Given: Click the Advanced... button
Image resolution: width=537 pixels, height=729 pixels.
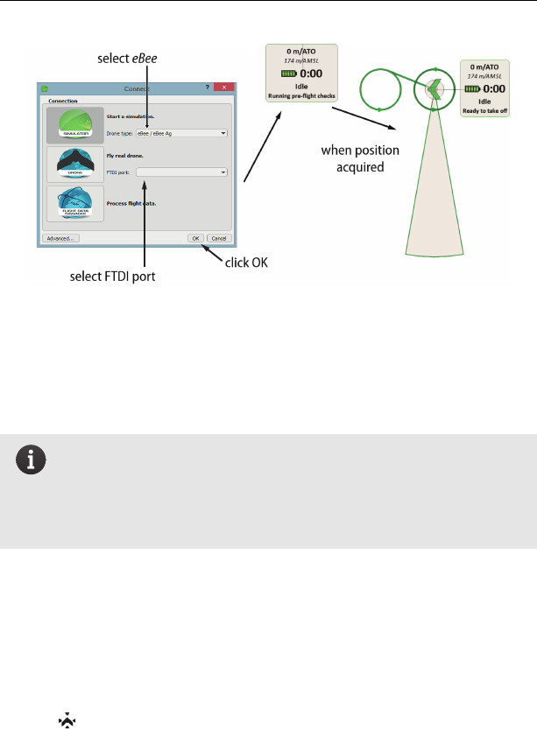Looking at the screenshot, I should (60, 238).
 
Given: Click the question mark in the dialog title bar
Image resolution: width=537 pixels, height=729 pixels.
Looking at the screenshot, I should (208, 88).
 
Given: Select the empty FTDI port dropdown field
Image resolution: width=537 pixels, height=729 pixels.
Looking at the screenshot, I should (181, 172).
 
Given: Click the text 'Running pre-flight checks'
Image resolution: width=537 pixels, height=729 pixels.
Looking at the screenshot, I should (303, 94).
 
